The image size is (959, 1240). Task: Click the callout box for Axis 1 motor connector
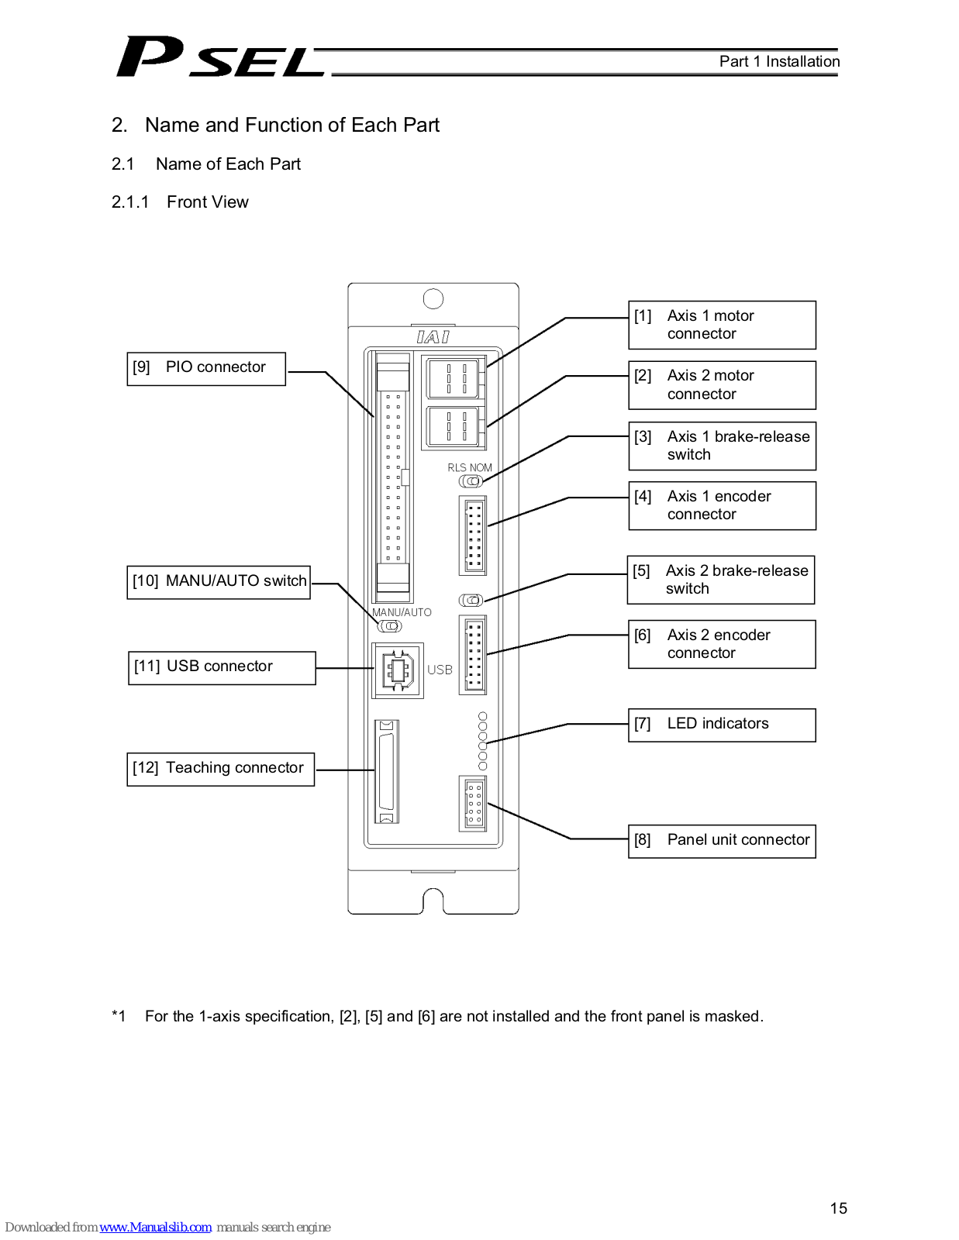[722, 325]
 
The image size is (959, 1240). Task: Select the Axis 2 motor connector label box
[722, 385]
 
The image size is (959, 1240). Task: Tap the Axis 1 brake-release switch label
[722, 446]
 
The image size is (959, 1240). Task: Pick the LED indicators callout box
[722, 725]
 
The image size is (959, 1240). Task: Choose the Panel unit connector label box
[722, 841]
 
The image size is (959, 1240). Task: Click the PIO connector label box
[206, 369]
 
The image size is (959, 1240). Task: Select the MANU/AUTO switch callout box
[219, 582]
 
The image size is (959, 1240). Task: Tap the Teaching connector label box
[220, 770]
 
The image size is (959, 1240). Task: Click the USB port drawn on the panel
[397, 670]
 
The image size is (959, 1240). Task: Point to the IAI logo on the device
[433, 337]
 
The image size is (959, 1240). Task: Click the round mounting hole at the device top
[433, 298]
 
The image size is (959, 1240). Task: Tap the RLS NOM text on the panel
[469, 467]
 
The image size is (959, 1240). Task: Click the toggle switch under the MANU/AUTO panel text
[390, 626]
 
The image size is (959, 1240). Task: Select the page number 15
[838, 1207]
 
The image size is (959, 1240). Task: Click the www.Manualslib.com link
[155, 1227]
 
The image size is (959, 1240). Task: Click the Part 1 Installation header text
[779, 61]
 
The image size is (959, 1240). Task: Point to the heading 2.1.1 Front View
[180, 202]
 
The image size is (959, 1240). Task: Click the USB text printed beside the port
[440, 670]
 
